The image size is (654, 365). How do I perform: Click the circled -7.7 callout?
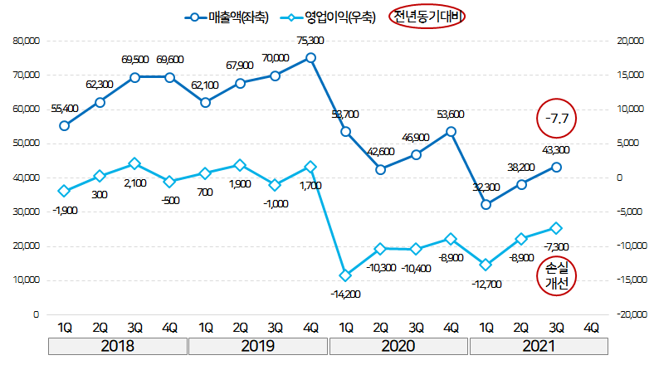[557, 119]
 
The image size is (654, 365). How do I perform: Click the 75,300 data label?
[310, 40]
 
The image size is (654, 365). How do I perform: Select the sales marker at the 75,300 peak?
[310, 58]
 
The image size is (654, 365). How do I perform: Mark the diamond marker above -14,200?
[345, 275]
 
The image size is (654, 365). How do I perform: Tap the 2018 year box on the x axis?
[117, 346]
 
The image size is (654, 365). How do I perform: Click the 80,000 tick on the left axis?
[27, 40]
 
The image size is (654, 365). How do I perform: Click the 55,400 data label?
[64, 109]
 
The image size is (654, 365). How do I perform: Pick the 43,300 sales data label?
[555, 150]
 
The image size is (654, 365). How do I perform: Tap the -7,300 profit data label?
[556, 246]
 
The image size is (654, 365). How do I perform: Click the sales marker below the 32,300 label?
[486, 204]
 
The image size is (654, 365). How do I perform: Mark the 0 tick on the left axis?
[37, 315]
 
